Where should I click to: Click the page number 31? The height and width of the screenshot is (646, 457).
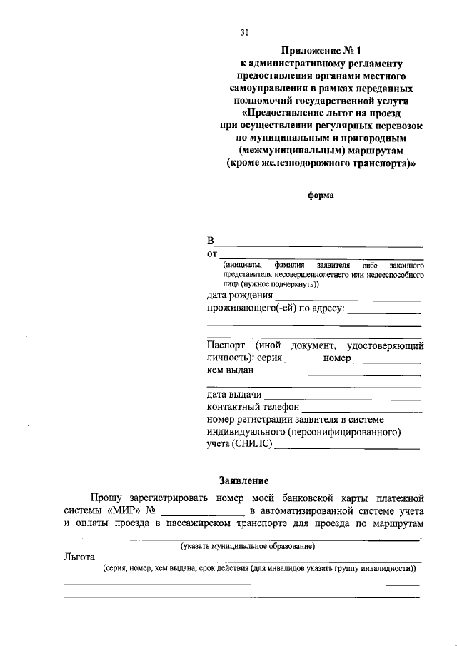coord(243,32)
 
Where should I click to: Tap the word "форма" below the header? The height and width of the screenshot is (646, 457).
coord(320,193)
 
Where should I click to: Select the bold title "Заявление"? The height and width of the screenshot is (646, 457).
coord(243,480)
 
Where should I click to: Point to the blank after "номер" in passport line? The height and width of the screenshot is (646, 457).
coord(386,362)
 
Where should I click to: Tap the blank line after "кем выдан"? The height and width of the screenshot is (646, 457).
coord(339,375)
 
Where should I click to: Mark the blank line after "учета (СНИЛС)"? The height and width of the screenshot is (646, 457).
coord(346,448)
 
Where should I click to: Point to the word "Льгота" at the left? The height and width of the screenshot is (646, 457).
coord(79,556)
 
